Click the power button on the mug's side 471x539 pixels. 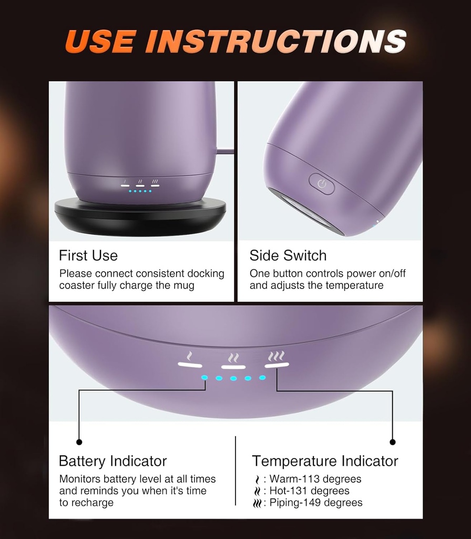322,184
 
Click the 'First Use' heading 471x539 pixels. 88,255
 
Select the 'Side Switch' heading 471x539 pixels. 288,255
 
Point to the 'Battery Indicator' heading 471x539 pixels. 112,461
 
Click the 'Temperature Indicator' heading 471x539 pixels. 325,461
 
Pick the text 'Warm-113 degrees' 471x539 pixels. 315,479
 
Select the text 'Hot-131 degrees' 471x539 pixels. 310,491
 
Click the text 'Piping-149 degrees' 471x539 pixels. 316,503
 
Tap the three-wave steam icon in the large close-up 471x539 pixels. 277,356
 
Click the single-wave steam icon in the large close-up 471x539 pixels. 190,356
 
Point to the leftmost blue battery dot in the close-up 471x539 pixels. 204,377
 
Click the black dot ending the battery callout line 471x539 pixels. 79,442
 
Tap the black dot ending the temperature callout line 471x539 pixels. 393,442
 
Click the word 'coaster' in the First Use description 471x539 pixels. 77,285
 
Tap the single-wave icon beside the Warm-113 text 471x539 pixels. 257,479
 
